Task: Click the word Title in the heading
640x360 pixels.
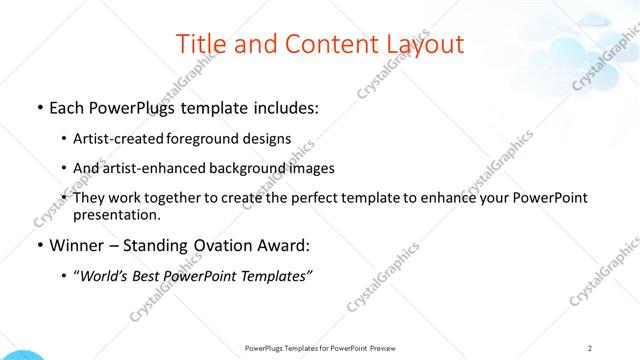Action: [x=200, y=44]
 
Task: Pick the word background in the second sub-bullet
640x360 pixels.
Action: [x=249, y=168]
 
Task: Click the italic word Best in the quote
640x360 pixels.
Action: [x=151, y=276]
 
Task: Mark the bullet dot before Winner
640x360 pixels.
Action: [x=38, y=246]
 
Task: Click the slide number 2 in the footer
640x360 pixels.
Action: [x=590, y=348]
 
